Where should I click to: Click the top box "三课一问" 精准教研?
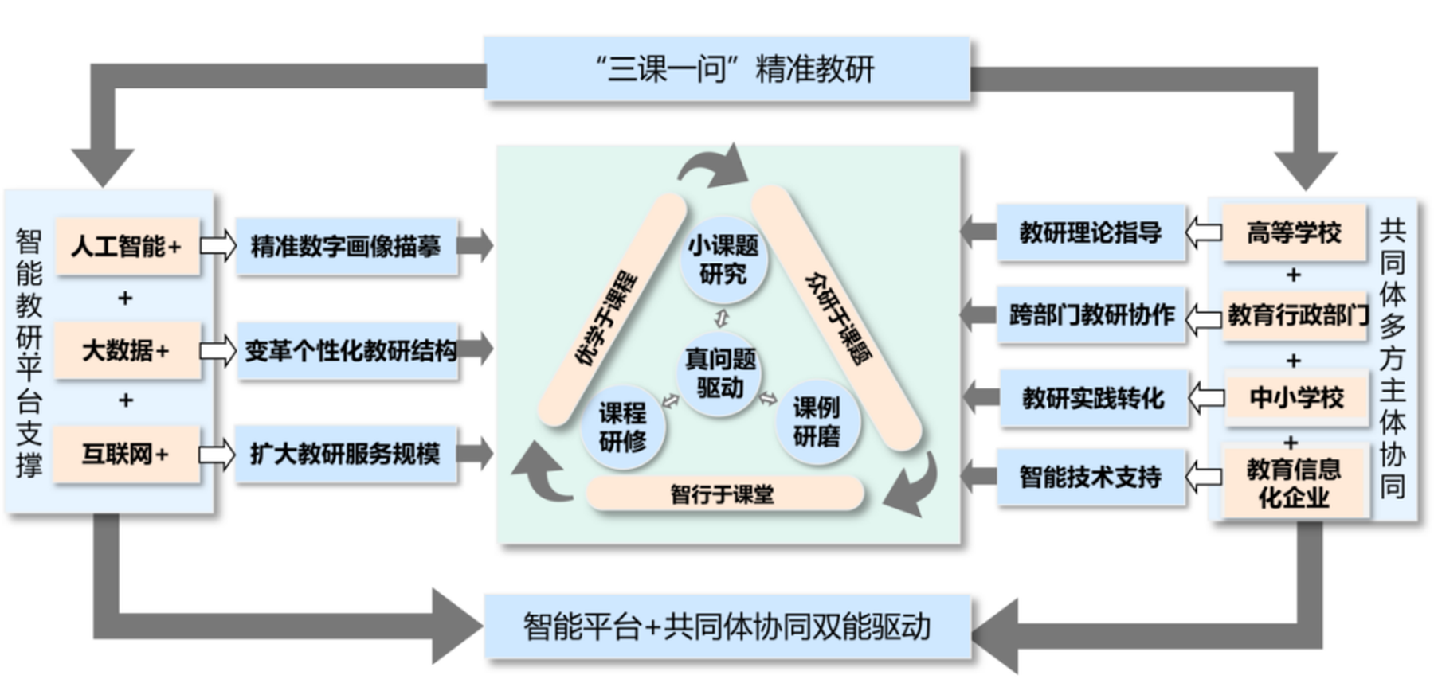[727, 69]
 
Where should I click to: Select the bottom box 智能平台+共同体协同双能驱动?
[727, 626]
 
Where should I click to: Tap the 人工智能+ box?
[127, 246]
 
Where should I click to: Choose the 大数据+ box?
[127, 350]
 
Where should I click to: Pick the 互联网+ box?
[127, 455]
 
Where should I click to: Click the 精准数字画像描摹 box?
[347, 246]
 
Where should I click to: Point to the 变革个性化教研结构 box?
[349, 350]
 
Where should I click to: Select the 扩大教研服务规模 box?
[347, 455]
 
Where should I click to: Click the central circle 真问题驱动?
[721, 373]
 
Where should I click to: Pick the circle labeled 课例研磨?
[816, 422]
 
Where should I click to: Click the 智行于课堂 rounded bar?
[723, 494]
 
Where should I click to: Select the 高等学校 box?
[1294, 233]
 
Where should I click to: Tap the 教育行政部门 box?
[1295, 315]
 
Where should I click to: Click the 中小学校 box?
[1296, 397]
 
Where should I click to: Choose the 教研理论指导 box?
[1091, 233]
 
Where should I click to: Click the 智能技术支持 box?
[1091, 478]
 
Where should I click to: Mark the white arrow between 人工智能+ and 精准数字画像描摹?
[217, 245]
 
